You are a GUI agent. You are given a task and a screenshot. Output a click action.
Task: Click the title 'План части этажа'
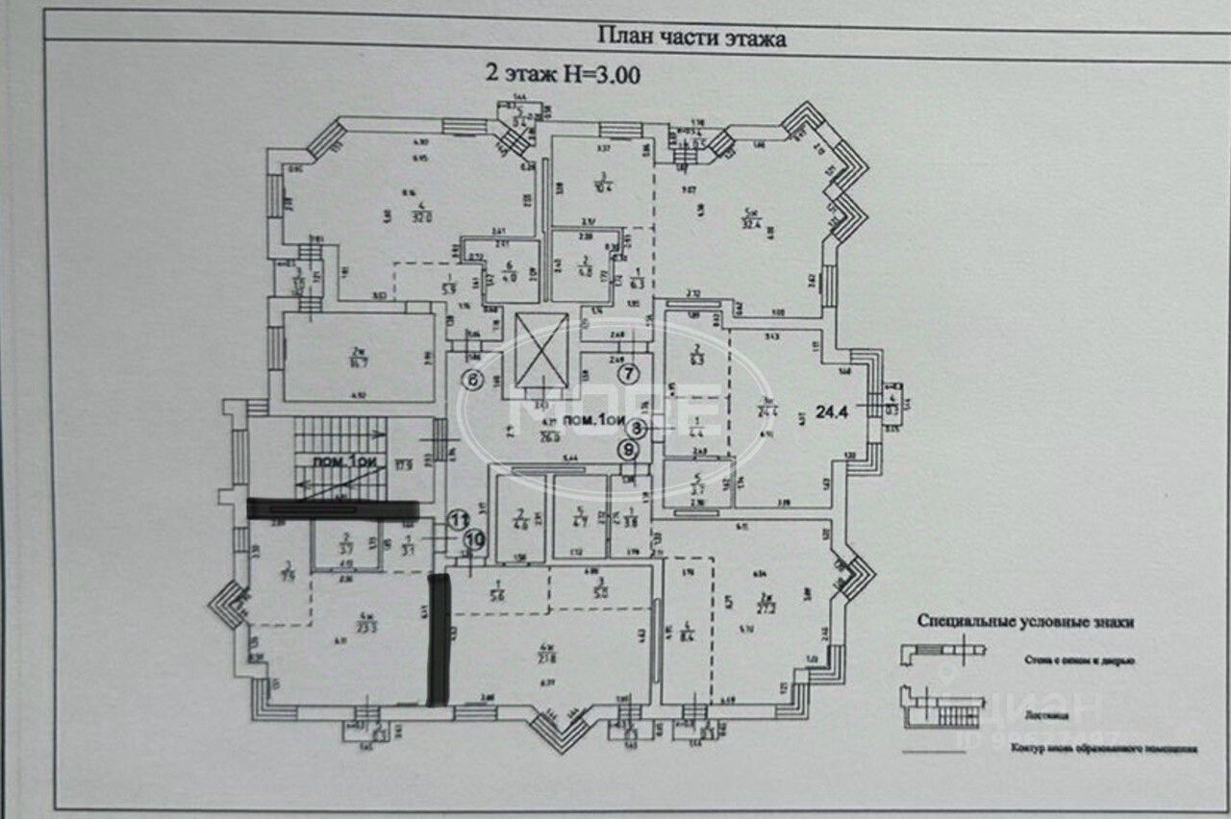pyautogui.click(x=692, y=37)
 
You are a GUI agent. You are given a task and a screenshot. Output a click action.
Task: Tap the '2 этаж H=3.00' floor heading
pyautogui.click(x=560, y=72)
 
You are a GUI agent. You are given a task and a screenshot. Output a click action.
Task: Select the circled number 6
pyautogui.click(x=473, y=380)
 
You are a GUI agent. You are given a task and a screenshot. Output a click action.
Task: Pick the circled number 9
pyautogui.click(x=628, y=448)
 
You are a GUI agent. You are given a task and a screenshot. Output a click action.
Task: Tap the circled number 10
pyautogui.click(x=471, y=540)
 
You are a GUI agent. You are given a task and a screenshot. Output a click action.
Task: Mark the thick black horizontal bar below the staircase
pyautogui.click(x=333, y=509)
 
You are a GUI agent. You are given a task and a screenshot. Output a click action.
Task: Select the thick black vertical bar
pyautogui.click(x=439, y=639)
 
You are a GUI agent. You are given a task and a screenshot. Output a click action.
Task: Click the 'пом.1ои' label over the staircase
pyautogui.click(x=342, y=462)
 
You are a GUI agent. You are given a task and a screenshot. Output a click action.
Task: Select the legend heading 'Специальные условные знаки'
pyautogui.click(x=1026, y=622)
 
